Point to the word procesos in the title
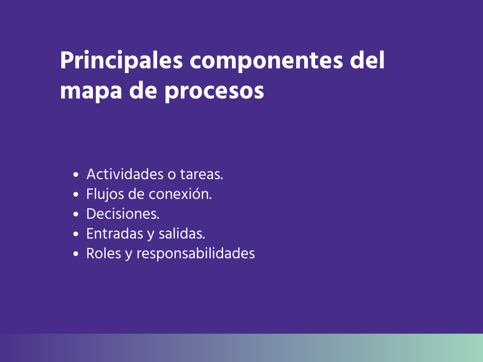click(214, 91)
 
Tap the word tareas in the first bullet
click(201, 174)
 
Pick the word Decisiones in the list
click(123, 214)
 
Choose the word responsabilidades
click(196, 254)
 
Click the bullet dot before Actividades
click(76, 175)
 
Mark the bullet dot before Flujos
click(76, 195)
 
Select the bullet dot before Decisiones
click(76, 214)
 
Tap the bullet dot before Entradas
click(76, 234)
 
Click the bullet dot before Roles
click(76, 254)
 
